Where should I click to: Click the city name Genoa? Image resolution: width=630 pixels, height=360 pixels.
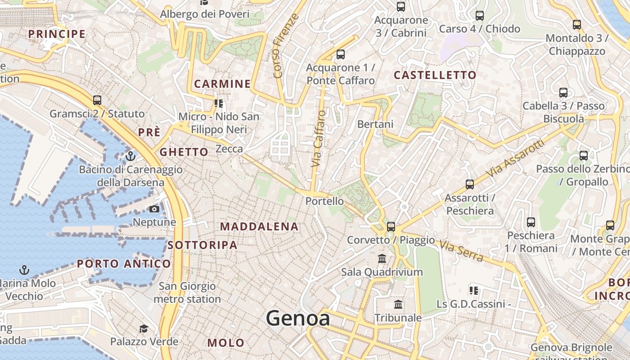[297, 319]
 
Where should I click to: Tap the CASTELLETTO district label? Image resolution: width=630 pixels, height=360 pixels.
[435, 75]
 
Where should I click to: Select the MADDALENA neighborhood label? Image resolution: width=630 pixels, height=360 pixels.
[259, 226]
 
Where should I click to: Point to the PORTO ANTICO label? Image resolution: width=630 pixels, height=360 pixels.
[124, 264]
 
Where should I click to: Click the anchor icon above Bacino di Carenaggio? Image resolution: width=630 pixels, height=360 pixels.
[130, 156]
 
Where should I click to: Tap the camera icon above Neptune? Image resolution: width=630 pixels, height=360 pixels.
[154, 209]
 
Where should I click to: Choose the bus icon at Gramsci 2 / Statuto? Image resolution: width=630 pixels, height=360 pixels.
[97, 100]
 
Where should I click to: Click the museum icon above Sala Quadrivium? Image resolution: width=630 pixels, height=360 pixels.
[382, 259]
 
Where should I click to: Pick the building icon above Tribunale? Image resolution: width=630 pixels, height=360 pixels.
[398, 305]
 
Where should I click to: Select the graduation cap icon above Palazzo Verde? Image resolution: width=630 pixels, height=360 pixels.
[144, 328]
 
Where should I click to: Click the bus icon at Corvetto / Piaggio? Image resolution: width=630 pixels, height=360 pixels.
[391, 226]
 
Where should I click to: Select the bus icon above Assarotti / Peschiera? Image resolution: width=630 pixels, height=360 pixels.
[470, 184]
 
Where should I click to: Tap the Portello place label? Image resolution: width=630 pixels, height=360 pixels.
[324, 201]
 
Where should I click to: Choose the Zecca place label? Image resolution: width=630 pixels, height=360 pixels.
[229, 148]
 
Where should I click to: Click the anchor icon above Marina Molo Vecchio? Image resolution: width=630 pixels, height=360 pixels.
[24, 270]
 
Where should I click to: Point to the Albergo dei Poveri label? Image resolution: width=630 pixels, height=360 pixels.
[205, 14]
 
